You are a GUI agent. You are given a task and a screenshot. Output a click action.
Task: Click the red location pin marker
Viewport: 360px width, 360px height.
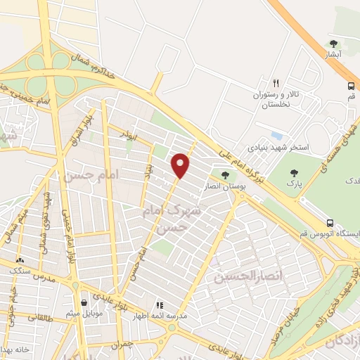pyautogui.click(x=181, y=165)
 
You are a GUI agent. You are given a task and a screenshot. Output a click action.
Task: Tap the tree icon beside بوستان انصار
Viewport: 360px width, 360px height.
pyautogui.click(x=225, y=175)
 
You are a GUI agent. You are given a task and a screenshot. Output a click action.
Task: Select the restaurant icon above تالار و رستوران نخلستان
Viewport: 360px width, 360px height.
pyautogui.click(x=276, y=82)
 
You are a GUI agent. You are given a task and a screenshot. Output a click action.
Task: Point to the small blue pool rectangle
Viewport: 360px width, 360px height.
pyautogui.click(x=276, y=135)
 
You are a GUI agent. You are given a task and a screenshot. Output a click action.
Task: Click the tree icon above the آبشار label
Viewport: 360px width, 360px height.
pyautogui.click(x=333, y=42)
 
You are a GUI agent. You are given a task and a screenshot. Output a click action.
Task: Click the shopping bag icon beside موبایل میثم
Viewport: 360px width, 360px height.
pyautogui.click(x=84, y=303)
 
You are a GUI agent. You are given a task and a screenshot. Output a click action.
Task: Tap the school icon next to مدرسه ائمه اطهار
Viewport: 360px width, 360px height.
pyautogui.click(x=160, y=305)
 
